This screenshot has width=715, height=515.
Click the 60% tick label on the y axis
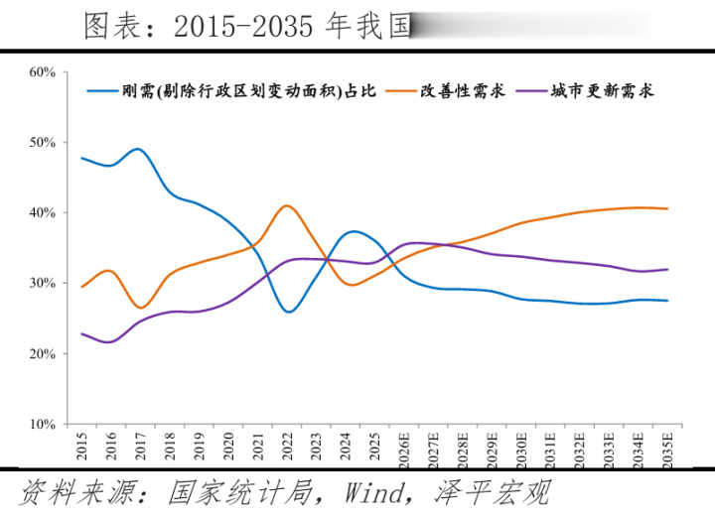tap(41, 71)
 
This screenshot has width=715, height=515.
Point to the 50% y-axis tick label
tap(41, 142)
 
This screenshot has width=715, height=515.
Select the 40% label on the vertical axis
tap(41, 212)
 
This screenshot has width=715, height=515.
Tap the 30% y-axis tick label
tap(41, 283)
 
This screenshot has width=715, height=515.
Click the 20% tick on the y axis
tap(41, 353)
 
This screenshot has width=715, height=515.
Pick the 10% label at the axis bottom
tap(41, 424)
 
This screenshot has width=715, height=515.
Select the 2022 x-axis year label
tap(287, 446)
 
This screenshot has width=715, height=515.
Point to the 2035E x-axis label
tap(667, 449)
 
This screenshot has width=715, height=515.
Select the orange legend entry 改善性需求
tap(462, 91)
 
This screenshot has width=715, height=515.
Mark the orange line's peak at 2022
tap(287, 205)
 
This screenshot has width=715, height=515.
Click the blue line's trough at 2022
tap(288, 312)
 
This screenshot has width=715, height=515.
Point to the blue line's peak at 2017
tap(138, 149)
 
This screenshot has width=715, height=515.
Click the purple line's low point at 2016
tap(109, 342)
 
